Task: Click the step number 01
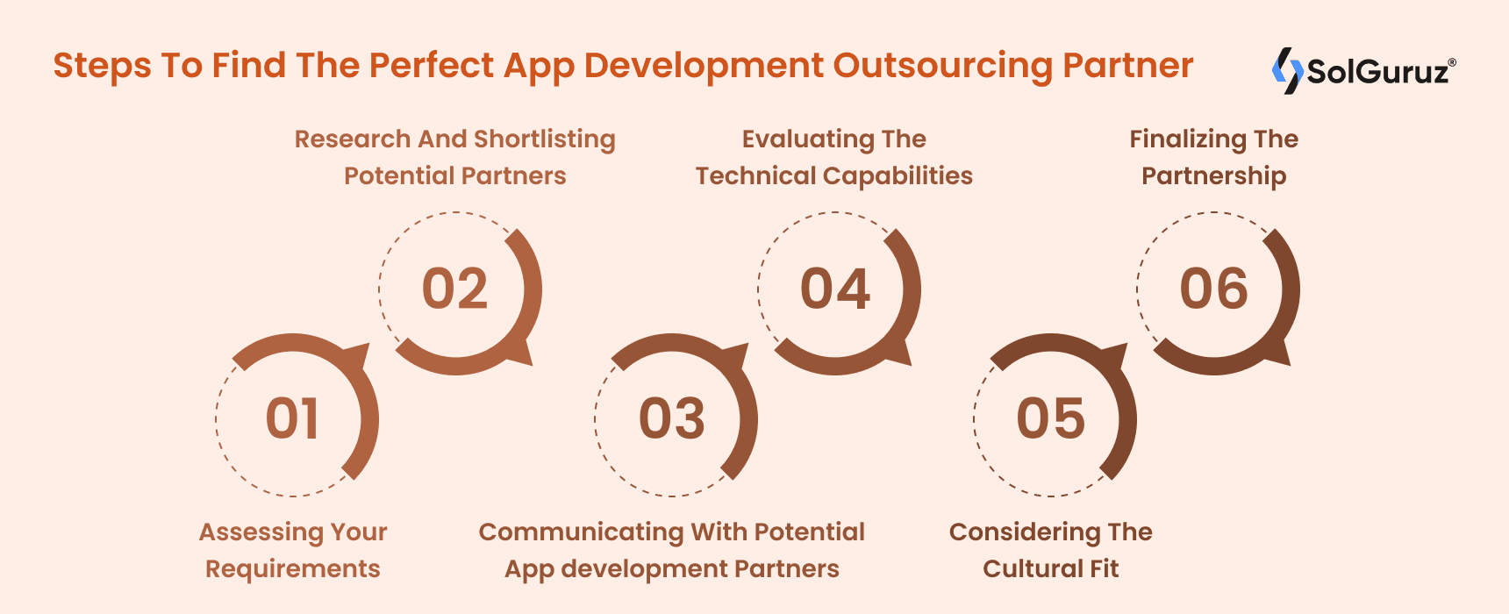(292, 418)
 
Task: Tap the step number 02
(454, 289)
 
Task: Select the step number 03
(672, 418)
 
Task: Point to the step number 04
(834, 289)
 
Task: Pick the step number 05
(1050, 418)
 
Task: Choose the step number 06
(1213, 289)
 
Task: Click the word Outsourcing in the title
(942, 67)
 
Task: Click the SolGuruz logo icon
(1287, 70)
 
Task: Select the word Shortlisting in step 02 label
(545, 139)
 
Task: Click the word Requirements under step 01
(292, 569)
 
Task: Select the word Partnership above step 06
(1213, 176)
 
